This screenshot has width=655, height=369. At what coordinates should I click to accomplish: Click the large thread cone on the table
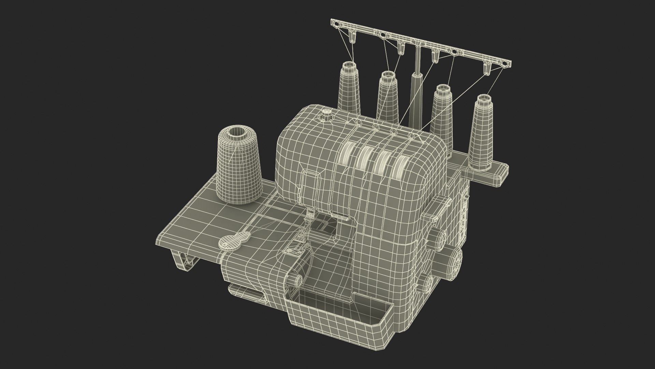[x=239, y=167]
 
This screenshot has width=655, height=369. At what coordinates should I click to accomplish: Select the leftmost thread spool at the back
[x=349, y=91]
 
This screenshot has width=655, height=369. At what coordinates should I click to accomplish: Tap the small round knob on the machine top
[x=326, y=114]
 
